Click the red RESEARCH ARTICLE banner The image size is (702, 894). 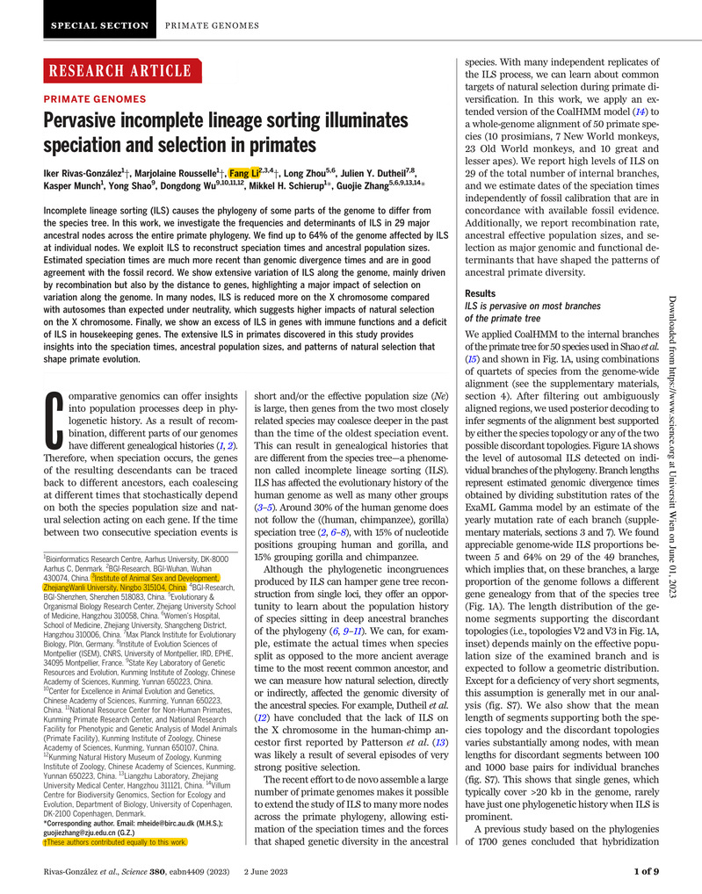123,71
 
